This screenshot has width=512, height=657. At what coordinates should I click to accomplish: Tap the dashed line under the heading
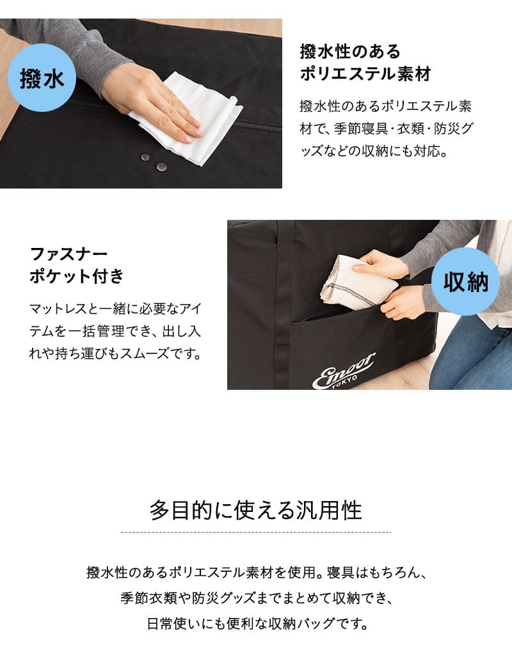(255, 532)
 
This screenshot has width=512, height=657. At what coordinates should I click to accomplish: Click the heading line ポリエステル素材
(365, 74)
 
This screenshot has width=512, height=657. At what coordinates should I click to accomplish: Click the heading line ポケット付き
(77, 277)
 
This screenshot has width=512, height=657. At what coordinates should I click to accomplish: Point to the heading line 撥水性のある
(349, 51)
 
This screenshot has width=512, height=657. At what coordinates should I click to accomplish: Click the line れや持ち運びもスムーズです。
(115, 353)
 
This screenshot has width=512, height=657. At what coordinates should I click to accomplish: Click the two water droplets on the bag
(153, 162)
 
